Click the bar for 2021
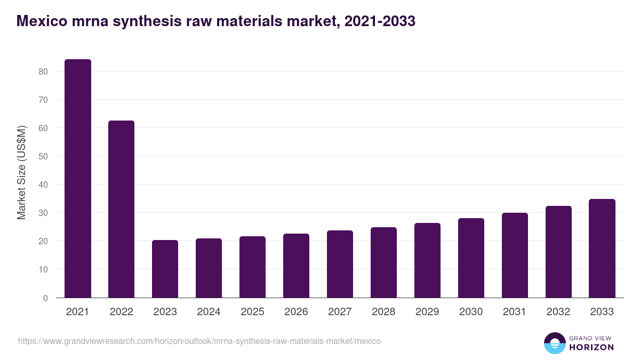[78, 179]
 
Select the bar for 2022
[122, 209]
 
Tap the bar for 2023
[165, 269]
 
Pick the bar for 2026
[296, 266]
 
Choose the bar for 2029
[427, 260]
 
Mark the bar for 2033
[602, 249]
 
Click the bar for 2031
[515, 255]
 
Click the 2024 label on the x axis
[209, 312]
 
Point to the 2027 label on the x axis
[340, 312]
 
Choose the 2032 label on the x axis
[558, 312]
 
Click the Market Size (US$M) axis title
[21, 172]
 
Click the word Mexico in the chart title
[41, 21]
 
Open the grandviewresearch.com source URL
[199, 341]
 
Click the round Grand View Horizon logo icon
[555, 343]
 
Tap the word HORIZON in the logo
[592, 347]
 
